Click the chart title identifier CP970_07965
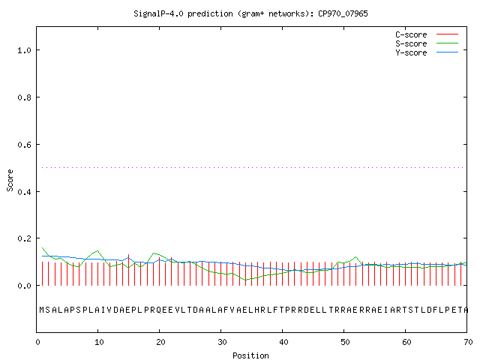click(x=343, y=13)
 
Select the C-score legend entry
click(x=427, y=34)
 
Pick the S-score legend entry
click(x=427, y=43)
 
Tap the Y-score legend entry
click(x=427, y=52)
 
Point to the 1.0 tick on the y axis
click(x=24, y=50)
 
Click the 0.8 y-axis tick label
click(x=24, y=97)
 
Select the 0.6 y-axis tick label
click(x=24, y=145)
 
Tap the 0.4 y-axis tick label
click(x=24, y=192)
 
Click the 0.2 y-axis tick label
click(x=24, y=238)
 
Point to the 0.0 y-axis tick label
click(x=24, y=286)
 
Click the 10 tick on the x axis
click(x=99, y=342)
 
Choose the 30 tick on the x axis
click(x=222, y=342)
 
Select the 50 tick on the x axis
click(x=345, y=342)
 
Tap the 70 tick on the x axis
click(x=468, y=342)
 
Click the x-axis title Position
click(x=250, y=355)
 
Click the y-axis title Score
click(x=10, y=180)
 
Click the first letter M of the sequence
click(x=42, y=310)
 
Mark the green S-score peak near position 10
click(x=97, y=250)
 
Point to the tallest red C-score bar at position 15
click(x=128, y=270)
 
